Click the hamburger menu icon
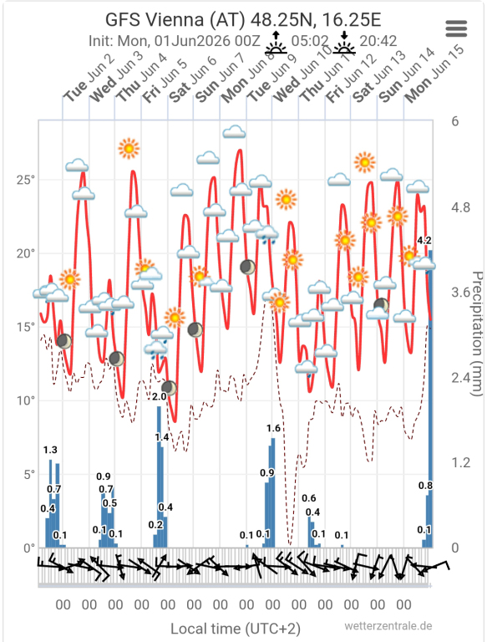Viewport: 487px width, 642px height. point(456,28)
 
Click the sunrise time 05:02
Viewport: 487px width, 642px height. point(310,40)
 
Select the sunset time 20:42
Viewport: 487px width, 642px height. point(378,40)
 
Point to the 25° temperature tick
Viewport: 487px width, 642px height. point(26,180)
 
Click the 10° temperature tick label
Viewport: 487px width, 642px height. point(26,401)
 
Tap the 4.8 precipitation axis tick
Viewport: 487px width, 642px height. point(460,207)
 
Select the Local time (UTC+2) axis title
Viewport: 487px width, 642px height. point(236,629)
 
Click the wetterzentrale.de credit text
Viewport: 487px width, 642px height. point(388,626)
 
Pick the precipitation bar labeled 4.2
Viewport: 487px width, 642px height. point(430,399)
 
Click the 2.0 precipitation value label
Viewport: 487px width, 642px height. point(159,396)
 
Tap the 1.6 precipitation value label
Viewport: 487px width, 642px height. point(273,428)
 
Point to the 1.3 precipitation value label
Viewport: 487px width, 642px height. point(50,450)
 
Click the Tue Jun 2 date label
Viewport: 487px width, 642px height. point(89,79)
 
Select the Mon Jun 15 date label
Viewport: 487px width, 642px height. point(434,74)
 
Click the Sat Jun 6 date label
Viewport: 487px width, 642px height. point(193,79)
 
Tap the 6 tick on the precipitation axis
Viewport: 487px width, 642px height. point(455,121)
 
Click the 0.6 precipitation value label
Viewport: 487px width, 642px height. point(309,498)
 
